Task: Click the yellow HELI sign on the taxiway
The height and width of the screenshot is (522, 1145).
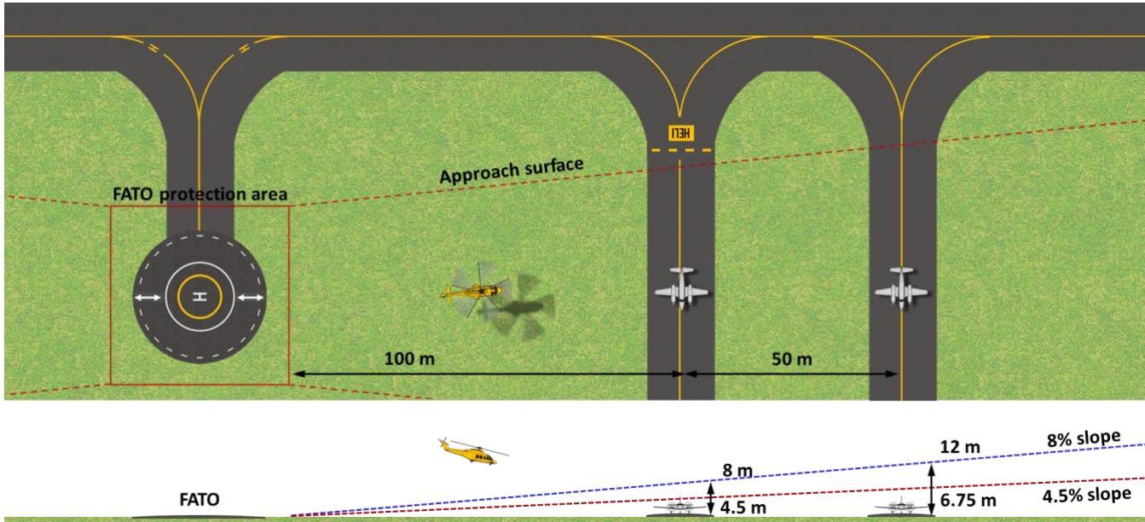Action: [x=681, y=133]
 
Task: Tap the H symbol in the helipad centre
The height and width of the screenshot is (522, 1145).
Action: [x=200, y=296]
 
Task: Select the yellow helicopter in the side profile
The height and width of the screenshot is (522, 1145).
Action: [x=473, y=451]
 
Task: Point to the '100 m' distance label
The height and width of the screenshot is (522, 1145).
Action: [x=409, y=359]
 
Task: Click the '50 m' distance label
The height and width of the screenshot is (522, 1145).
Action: [x=792, y=359]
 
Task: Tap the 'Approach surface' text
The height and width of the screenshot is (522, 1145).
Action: [x=512, y=171]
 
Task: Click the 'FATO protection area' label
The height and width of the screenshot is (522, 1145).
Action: [x=200, y=194]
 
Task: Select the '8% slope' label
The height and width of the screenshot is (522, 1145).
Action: [x=1084, y=438]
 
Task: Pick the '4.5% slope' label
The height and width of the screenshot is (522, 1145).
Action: [x=1087, y=496]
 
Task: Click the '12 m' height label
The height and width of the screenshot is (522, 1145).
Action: [x=960, y=447]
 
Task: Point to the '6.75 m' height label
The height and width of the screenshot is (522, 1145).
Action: [x=969, y=501]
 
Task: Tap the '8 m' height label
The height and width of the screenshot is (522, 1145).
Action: [x=737, y=470]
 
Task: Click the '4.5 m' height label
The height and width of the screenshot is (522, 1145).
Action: [x=743, y=507]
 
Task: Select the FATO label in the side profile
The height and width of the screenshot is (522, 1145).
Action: [x=200, y=500]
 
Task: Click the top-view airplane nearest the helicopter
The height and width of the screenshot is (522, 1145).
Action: [x=681, y=287]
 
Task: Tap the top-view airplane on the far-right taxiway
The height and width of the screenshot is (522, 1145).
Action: [x=901, y=287]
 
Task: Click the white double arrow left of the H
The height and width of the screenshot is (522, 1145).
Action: [x=148, y=298]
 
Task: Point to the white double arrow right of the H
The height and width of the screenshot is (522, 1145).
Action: [x=251, y=298]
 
